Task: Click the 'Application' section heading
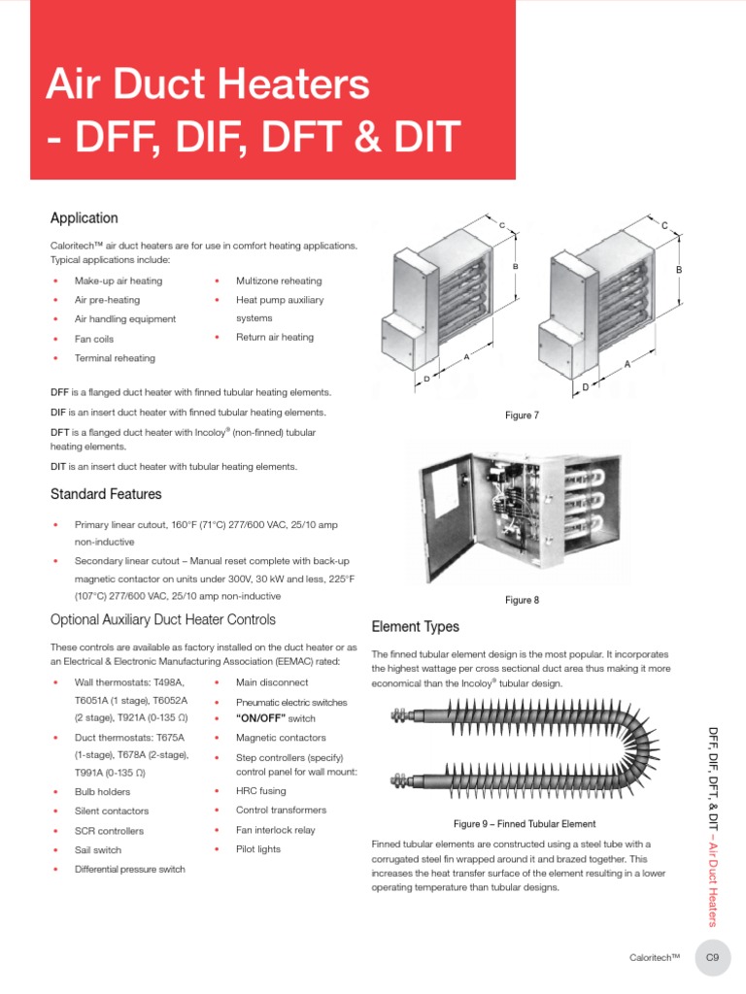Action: [85, 218]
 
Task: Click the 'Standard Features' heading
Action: [106, 494]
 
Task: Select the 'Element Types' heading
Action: [416, 627]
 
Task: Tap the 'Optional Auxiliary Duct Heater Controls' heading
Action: [162, 619]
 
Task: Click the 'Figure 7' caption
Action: [522, 415]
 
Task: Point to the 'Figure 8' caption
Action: [522, 600]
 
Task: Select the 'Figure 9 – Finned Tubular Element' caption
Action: [525, 823]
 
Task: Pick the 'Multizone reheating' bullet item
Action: [279, 281]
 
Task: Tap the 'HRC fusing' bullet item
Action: [261, 791]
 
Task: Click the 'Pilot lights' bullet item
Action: [258, 849]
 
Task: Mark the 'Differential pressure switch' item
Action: [130, 869]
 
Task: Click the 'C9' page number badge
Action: [712, 958]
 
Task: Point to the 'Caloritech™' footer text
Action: [655, 958]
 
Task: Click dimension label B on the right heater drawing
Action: [679, 269]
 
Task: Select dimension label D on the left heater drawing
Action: [426, 380]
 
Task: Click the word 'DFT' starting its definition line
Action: [59, 431]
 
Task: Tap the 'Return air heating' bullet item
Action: [275, 337]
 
